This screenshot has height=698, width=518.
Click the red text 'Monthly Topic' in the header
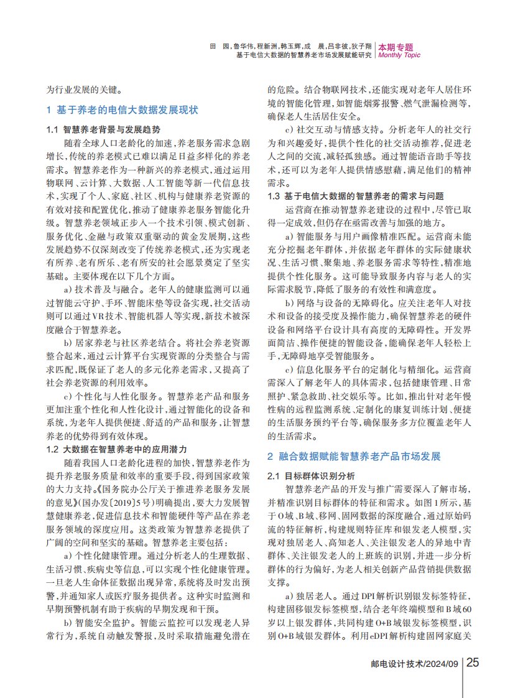click(399, 55)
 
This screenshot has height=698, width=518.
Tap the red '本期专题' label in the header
click(395, 47)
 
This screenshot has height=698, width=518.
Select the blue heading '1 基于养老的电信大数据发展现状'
click(123, 110)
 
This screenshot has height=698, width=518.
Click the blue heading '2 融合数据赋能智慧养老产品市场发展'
click(354, 457)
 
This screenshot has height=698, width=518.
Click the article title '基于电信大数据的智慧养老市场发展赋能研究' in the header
click(303, 55)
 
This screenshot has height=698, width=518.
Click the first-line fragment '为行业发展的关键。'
click(80, 90)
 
